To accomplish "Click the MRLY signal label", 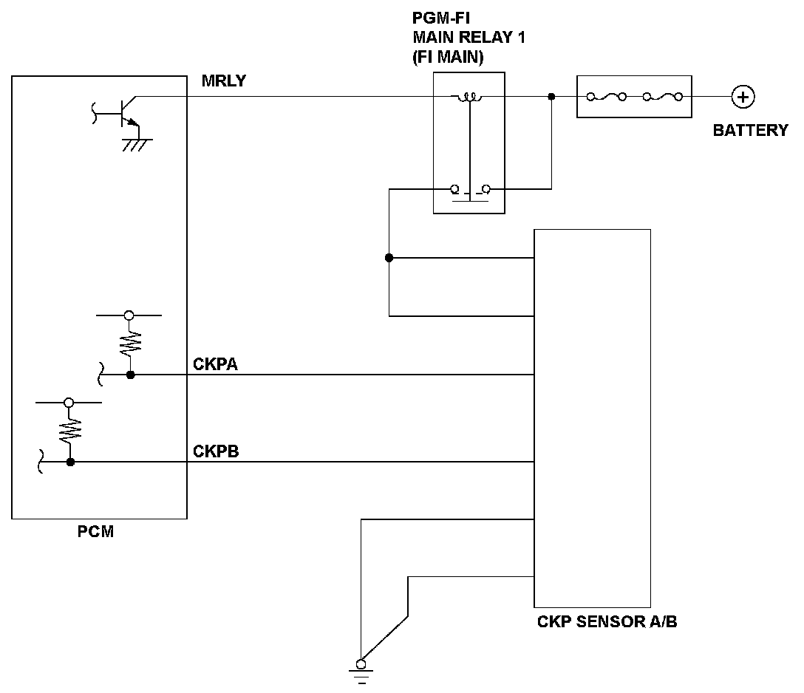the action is pos(224,81).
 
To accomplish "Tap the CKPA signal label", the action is pos(215,364).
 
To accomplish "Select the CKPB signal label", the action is pos(216,451).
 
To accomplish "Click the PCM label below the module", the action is pos(95,531).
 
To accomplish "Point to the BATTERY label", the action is pos(751,130).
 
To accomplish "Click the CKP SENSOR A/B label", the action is pos(607,622).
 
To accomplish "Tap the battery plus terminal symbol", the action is pos(743,97).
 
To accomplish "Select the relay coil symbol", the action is pos(470,96).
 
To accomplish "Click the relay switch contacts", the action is pos(470,191).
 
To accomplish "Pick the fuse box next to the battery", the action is pos(634,97).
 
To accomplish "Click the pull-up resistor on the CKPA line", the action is pos(130,343).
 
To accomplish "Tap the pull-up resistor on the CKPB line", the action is pos(70,431).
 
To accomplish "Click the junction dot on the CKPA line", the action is pos(131,375).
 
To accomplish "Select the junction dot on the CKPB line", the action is pos(71,462).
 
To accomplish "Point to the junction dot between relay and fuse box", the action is pos(552,96).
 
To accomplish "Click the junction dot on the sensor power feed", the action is pos(389,258).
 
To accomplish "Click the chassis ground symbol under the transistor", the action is pos(137,145).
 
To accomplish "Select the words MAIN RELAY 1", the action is pos(469,38).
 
